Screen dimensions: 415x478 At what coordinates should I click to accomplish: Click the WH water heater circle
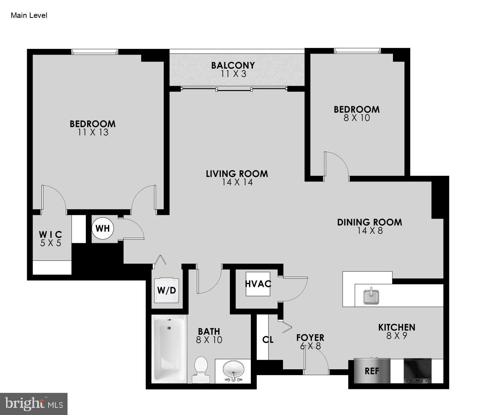103,228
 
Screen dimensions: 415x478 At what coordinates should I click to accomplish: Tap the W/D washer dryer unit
166,290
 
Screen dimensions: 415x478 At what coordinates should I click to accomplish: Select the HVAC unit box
258,284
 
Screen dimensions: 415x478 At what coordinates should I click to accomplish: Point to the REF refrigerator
372,371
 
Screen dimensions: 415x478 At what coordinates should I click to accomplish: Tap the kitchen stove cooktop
418,371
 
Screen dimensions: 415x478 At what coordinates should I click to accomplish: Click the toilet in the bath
201,370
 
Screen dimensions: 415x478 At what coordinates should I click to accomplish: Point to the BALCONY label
233,65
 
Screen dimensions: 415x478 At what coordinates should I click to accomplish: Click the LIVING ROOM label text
237,174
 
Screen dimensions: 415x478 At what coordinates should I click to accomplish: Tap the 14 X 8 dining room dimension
370,231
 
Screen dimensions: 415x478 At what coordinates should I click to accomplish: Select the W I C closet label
50,235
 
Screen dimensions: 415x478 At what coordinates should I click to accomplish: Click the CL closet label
268,340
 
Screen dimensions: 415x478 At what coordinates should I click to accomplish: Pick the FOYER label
310,337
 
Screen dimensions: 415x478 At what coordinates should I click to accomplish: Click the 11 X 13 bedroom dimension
93,132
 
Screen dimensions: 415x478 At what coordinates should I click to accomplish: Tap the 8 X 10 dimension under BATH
209,340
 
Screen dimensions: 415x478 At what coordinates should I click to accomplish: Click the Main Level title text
29,15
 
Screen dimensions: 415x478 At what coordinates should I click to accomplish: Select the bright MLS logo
34,404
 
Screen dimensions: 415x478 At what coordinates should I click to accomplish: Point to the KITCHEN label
397,327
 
